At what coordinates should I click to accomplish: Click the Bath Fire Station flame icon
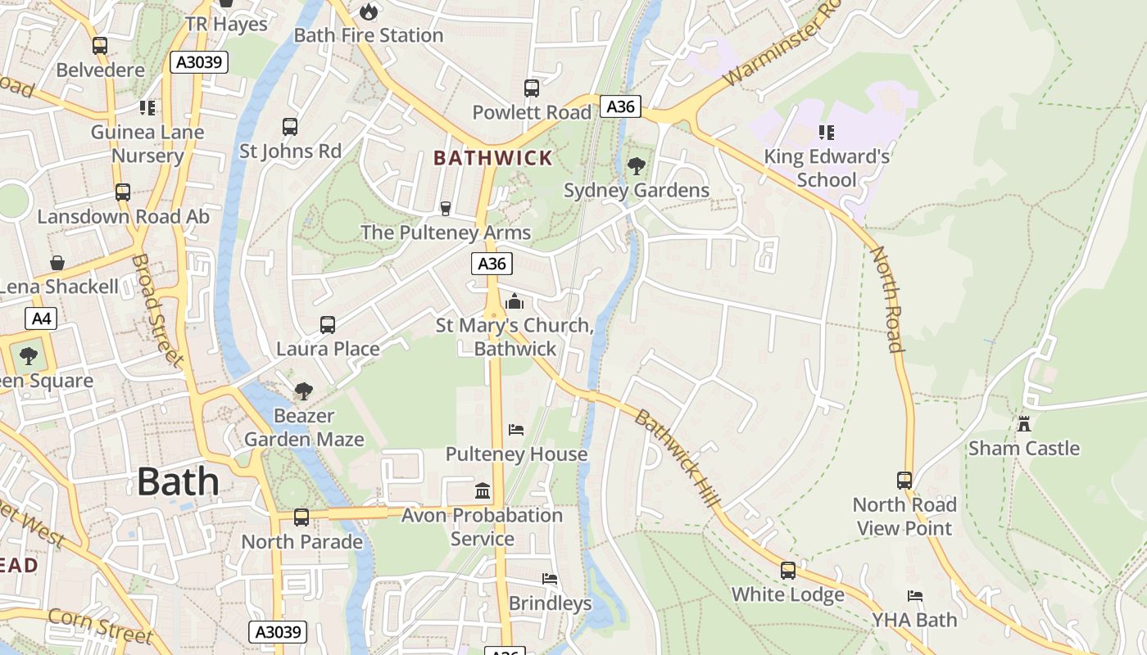click(369, 11)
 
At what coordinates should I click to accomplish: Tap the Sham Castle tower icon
click(1023, 424)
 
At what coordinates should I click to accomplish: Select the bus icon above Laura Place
click(328, 325)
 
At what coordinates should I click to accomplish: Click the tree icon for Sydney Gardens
click(636, 167)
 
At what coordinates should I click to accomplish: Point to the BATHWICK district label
click(492, 158)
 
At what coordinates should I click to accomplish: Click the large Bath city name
click(178, 481)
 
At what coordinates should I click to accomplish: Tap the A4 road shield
click(40, 318)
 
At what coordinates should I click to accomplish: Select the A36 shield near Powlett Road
click(620, 106)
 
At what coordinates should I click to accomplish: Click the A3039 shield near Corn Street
click(278, 632)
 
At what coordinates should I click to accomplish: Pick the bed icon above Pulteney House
click(515, 430)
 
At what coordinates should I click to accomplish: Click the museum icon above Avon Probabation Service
click(483, 491)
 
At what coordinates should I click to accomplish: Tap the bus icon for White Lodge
click(787, 571)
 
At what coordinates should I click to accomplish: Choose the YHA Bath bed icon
click(914, 596)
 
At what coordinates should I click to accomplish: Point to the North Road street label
click(887, 299)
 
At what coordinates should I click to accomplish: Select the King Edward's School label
click(826, 168)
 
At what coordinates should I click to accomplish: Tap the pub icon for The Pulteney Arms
click(446, 209)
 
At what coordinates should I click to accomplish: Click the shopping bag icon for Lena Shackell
click(57, 263)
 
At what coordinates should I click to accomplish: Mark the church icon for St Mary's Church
click(515, 301)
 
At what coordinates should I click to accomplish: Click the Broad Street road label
click(156, 310)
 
